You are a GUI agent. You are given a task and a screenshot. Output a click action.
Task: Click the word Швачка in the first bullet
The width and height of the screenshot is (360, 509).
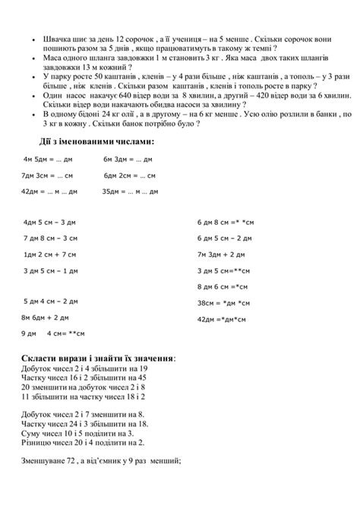pos(58,37)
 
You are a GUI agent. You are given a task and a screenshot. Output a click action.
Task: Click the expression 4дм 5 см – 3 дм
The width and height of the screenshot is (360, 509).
pos(50,223)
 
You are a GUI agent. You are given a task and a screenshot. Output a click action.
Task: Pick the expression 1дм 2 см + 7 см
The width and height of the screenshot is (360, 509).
pos(50,254)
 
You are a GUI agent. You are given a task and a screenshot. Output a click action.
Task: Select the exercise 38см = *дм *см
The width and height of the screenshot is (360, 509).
pos(222,303)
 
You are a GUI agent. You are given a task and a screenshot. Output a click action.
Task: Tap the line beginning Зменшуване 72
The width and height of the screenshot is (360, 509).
pos(95,460)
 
